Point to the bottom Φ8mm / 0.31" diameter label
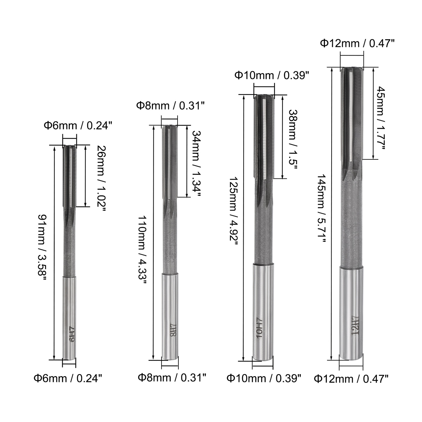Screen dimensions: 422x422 point(172,377)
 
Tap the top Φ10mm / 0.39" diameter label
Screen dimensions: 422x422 point(272,75)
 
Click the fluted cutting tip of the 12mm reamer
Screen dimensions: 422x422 point(352,115)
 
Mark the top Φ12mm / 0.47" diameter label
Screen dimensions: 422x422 point(357,44)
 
